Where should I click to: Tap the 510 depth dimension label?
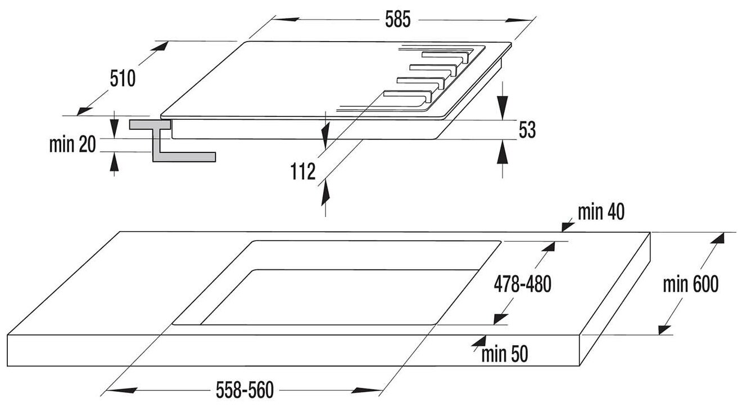coord(123,78)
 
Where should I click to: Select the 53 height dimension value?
coord(527,130)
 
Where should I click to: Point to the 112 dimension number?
coord(304,171)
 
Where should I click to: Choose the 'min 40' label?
coord(600,212)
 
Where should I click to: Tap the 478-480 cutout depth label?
coord(522,284)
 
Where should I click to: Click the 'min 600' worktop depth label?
coord(690,284)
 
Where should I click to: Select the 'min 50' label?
coord(505,354)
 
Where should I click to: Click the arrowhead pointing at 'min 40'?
coord(567,224)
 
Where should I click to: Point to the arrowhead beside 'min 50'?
coord(478,340)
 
